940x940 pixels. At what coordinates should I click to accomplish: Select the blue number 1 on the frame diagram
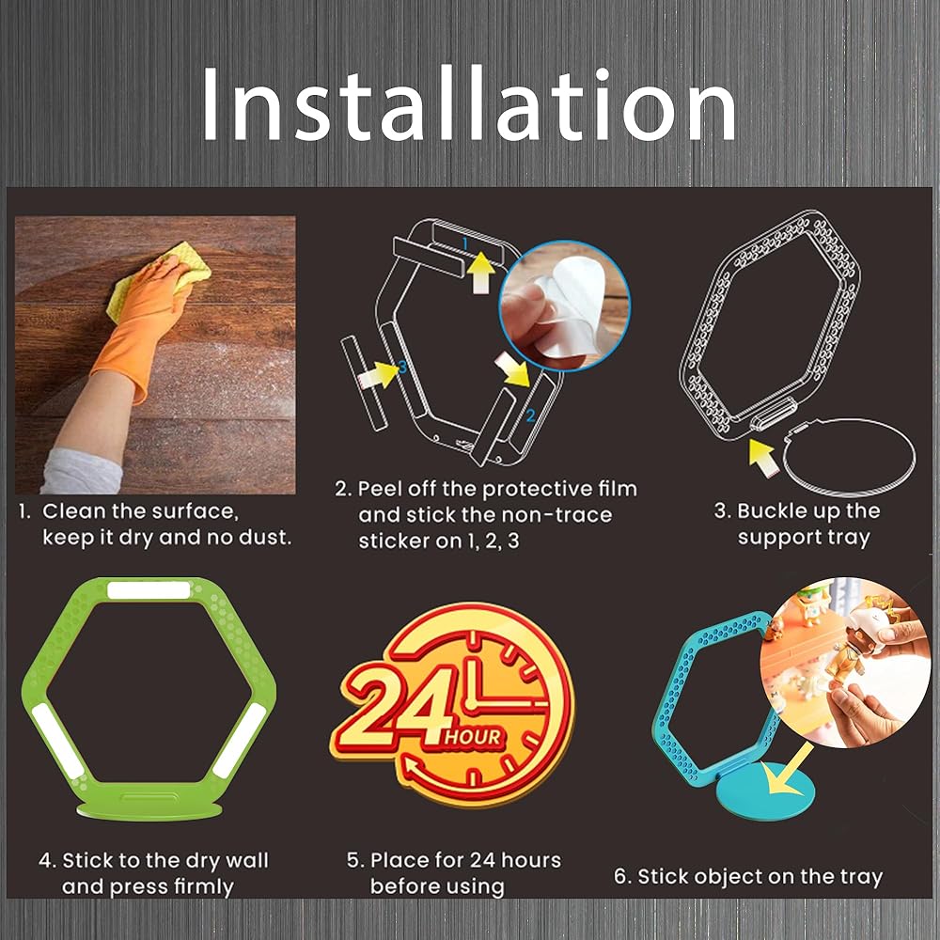[465, 243]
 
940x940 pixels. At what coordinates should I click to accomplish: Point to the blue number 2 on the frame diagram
[530, 415]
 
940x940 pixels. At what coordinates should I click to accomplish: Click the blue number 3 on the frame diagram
[402, 366]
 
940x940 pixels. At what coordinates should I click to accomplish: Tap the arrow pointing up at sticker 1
[480, 273]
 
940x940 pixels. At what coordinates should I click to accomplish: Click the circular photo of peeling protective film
[564, 305]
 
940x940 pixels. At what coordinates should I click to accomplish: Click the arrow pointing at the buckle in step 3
[763, 458]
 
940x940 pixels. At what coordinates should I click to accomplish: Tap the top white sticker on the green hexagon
[149, 590]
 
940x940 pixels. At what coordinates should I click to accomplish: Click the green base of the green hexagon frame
[149, 810]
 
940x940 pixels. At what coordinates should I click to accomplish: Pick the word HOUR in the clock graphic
[473, 737]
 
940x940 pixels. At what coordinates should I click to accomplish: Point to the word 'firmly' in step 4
[204, 886]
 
